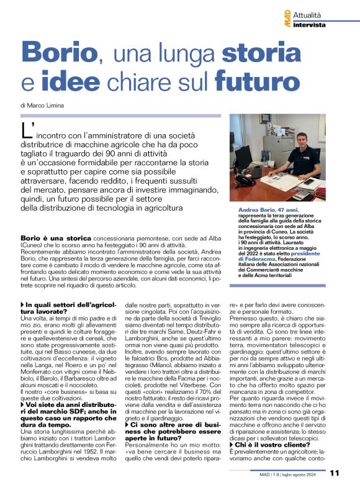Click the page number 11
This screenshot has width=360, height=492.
[x=335, y=473]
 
